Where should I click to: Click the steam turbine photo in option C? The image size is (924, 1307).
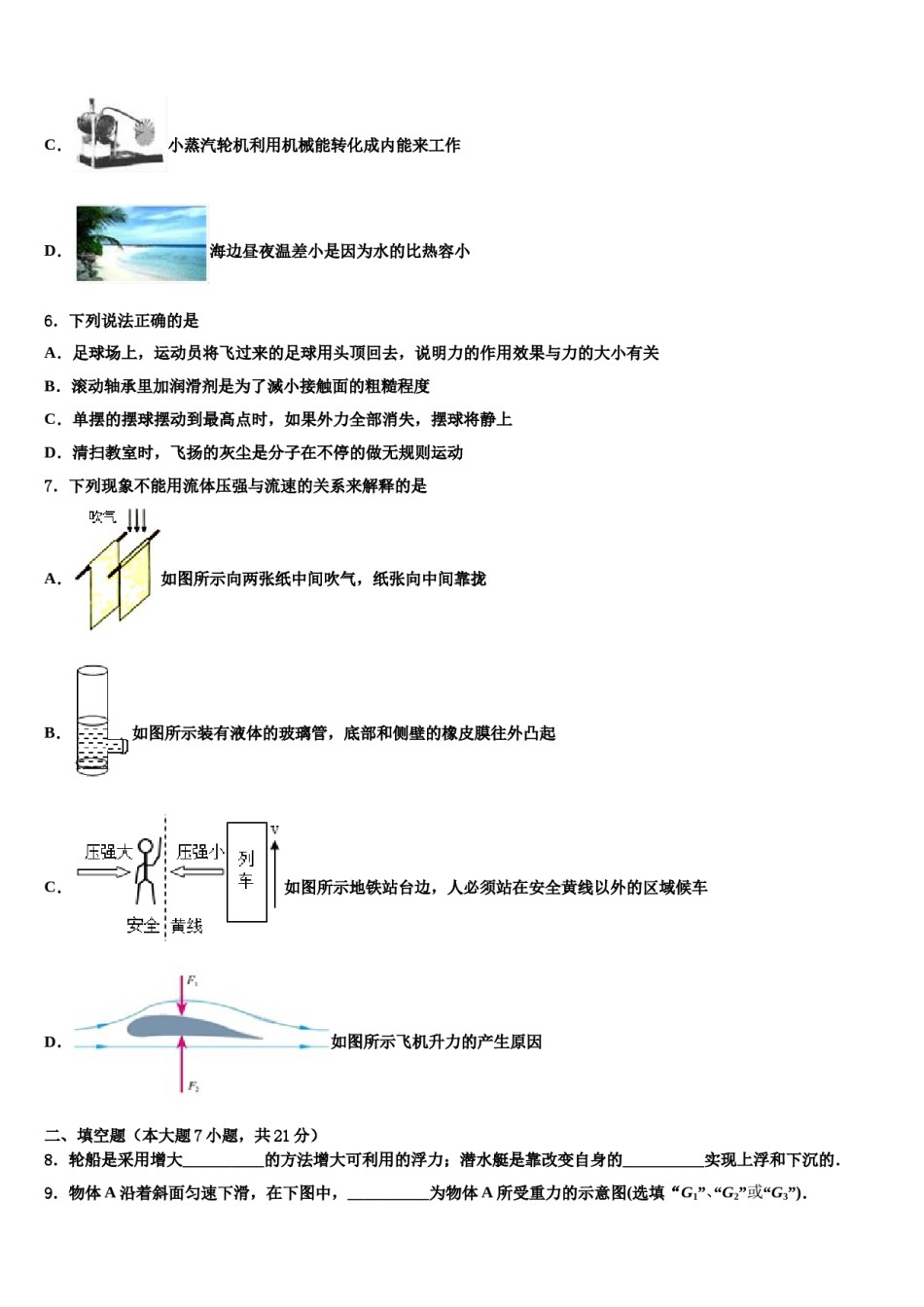[120, 135]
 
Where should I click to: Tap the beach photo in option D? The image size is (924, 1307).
[141, 243]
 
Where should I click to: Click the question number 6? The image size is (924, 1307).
[51, 321]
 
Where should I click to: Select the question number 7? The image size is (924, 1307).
[51, 486]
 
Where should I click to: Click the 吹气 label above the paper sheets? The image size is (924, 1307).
[102, 516]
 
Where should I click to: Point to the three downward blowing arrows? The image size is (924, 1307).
[137, 518]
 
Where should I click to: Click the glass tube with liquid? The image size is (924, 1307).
[92, 720]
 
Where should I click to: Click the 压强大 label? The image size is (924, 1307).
[107, 852]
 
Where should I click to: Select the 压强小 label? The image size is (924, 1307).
[199, 852]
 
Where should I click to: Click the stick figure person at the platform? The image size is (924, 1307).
[146, 871]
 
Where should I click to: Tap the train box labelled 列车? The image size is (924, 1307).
[246, 871]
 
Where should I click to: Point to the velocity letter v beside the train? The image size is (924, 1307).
[275, 830]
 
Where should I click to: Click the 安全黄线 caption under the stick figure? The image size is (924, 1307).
[164, 926]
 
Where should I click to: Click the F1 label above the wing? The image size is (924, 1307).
[193, 980]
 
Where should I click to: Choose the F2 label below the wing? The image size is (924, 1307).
[193, 1086]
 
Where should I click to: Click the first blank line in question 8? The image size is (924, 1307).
[223, 1161]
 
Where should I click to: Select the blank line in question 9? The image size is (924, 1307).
[388, 1194]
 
